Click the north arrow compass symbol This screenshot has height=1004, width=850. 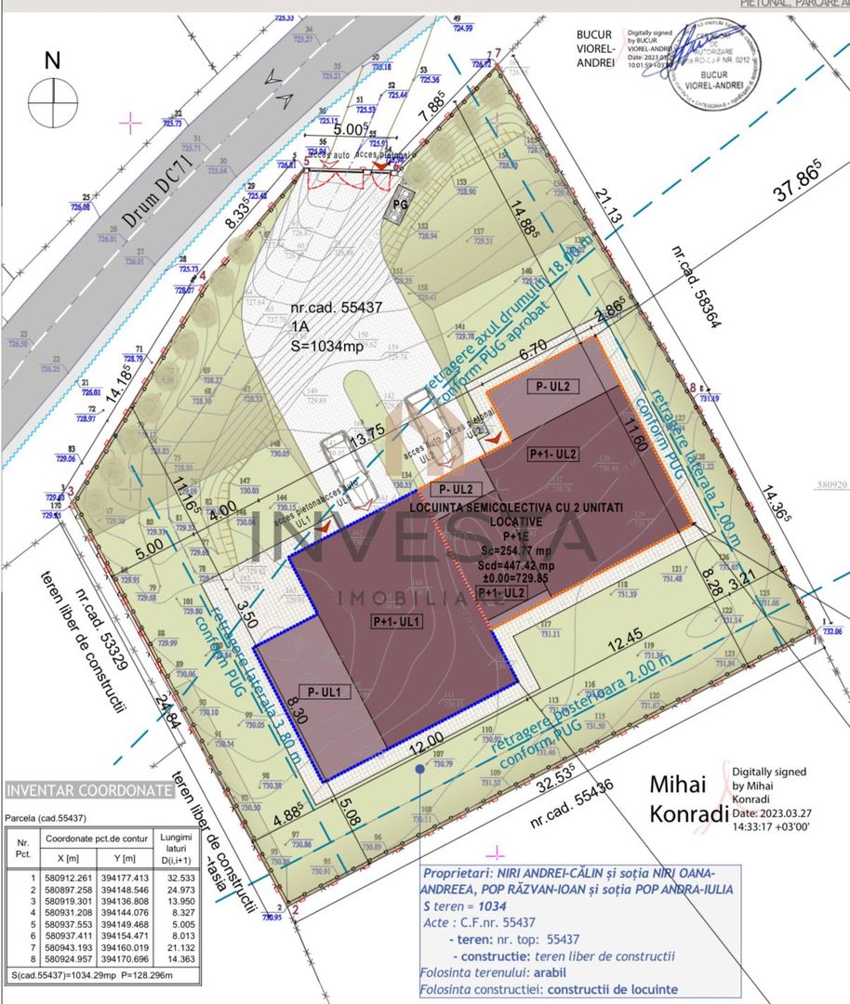(52, 97)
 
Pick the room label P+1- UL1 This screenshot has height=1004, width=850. (398, 621)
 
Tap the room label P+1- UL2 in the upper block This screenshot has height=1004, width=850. (553, 455)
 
